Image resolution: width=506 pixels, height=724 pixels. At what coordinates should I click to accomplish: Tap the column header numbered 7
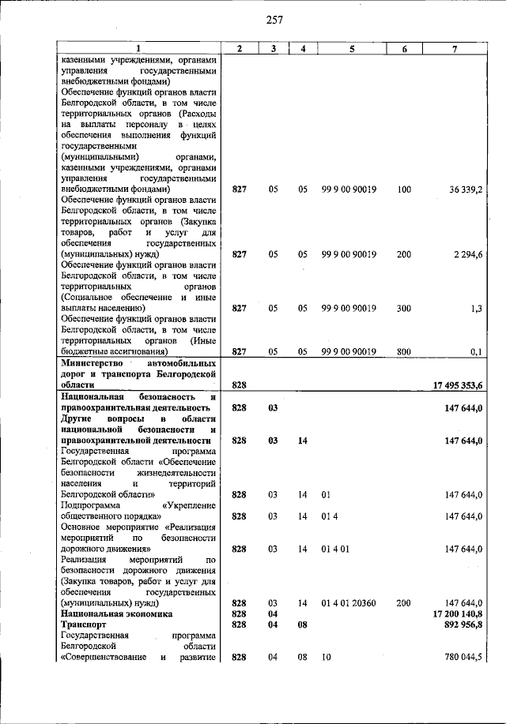point(454,49)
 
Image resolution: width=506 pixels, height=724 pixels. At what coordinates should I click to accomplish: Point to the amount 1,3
point(476,309)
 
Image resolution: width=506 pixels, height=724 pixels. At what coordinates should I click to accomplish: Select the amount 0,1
point(476,351)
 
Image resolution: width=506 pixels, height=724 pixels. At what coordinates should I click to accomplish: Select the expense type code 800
point(404,351)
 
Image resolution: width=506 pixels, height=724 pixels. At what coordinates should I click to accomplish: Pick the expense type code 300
point(404,309)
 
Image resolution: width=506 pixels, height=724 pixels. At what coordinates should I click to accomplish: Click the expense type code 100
point(404,189)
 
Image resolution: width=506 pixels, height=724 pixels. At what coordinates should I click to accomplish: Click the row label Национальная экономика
point(115,613)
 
